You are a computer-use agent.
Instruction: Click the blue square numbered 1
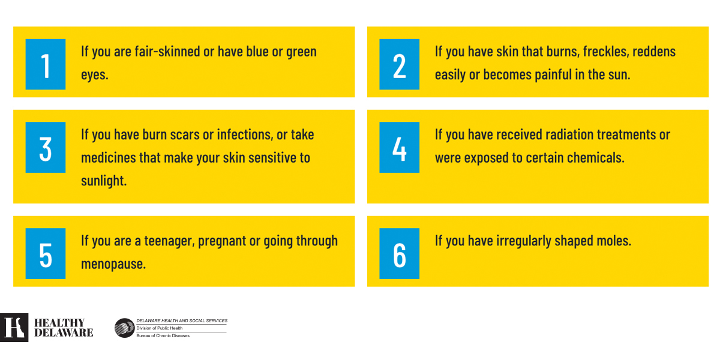click(46, 64)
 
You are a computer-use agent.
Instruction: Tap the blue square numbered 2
click(399, 64)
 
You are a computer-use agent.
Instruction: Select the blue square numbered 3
click(46, 147)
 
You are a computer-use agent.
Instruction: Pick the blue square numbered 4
click(399, 147)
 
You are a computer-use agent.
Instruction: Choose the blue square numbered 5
click(46, 253)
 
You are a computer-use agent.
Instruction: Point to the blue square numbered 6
click(399, 253)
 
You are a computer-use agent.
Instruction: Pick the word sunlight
click(104, 181)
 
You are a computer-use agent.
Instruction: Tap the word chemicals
click(596, 158)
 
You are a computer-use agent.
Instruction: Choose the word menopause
click(113, 265)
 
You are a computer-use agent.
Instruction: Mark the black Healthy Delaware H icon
click(14, 328)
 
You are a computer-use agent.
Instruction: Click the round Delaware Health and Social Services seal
click(124, 328)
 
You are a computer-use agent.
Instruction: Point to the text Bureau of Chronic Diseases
click(163, 336)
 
